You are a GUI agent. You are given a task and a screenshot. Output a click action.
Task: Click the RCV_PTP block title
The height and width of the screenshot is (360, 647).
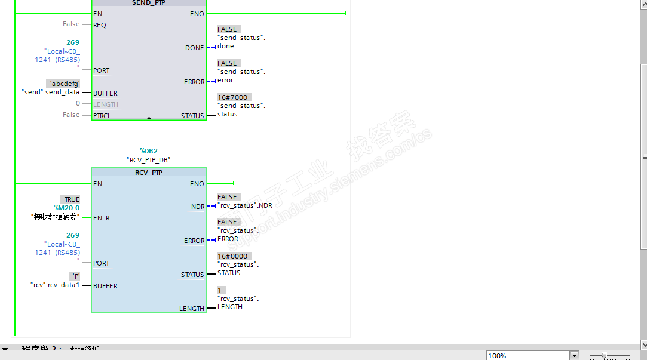click(x=148, y=173)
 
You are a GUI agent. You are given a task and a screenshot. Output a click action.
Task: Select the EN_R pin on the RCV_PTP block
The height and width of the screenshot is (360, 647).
click(x=102, y=218)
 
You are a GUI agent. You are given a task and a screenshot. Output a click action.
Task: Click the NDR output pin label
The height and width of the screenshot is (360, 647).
click(x=197, y=207)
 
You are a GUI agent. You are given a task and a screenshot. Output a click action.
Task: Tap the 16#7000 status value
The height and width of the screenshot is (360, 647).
click(x=232, y=97)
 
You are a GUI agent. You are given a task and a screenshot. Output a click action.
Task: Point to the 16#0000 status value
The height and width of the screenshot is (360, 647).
click(x=232, y=256)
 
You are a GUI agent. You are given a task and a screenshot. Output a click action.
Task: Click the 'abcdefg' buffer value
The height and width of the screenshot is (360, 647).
click(x=63, y=84)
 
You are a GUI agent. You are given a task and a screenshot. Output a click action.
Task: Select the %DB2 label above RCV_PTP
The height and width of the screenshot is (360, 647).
click(x=148, y=151)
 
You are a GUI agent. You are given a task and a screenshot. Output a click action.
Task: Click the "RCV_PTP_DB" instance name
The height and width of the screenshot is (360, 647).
click(x=148, y=160)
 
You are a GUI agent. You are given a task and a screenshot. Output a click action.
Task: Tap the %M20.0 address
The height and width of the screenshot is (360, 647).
click(x=66, y=208)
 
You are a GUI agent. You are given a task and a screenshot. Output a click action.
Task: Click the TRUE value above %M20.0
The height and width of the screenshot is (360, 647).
click(x=70, y=199)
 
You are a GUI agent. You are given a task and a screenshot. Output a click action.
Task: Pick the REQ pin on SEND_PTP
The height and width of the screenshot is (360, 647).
click(x=100, y=25)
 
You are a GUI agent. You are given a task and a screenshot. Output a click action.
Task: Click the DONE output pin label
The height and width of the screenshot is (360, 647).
click(x=194, y=48)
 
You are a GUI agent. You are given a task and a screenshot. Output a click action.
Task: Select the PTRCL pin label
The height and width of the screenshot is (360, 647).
click(x=102, y=116)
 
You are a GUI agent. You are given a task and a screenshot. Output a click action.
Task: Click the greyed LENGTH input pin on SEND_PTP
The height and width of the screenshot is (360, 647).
click(x=106, y=104)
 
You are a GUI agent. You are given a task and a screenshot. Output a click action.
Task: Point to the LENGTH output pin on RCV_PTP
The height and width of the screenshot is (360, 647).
click(x=191, y=309)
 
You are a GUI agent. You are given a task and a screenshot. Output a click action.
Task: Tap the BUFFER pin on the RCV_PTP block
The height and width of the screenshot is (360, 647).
click(x=105, y=286)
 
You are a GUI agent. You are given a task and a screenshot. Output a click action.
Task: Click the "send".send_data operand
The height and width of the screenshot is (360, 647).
click(x=51, y=93)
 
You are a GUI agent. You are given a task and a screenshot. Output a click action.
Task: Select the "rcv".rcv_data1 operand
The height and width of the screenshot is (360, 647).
click(x=55, y=285)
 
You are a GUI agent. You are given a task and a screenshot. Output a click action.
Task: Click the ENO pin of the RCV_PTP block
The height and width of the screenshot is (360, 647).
click(x=197, y=184)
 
